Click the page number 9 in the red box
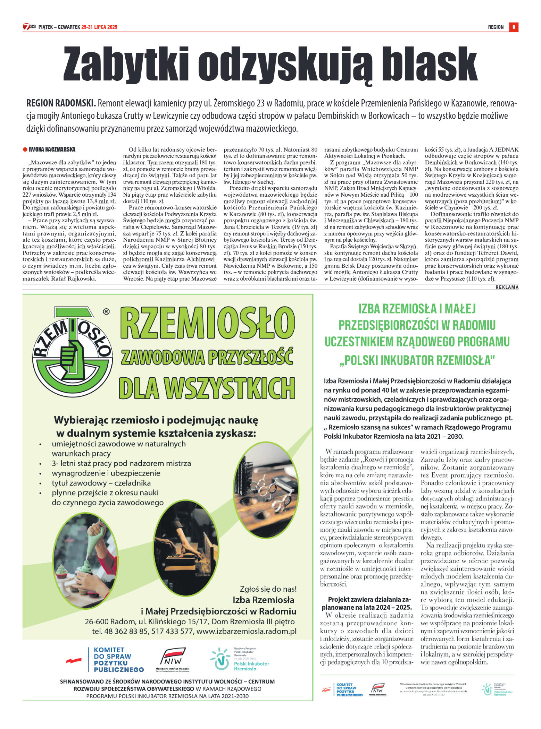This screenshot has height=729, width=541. point(514,27)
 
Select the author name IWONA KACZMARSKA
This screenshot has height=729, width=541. point(52,149)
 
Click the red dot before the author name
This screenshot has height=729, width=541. point(25,150)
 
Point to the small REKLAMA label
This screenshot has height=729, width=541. point(507,287)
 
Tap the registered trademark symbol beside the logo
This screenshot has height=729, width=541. point(106,311)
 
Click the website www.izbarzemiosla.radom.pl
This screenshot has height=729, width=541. point(246,631)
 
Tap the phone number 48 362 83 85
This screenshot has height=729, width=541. point(126,631)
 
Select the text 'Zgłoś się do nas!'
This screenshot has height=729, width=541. point(268,589)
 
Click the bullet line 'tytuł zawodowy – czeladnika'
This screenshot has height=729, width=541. point(101,483)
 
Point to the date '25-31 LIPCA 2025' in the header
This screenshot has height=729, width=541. point(99,27)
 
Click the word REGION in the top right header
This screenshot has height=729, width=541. point(496,27)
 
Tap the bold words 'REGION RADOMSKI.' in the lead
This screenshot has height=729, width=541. point(61,103)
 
